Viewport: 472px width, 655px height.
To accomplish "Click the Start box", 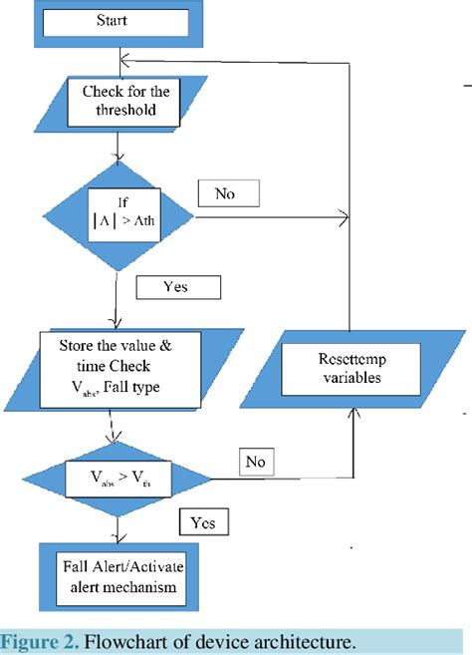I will click(x=118, y=19).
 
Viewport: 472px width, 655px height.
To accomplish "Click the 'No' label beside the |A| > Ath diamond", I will click(x=228, y=192).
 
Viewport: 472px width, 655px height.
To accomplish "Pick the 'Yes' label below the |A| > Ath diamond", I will click(x=175, y=287).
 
